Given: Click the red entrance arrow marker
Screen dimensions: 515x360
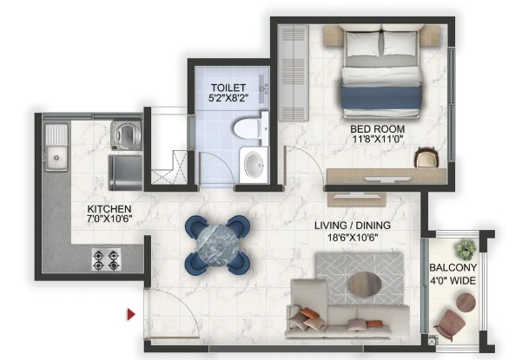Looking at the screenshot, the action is [x=131, y=314].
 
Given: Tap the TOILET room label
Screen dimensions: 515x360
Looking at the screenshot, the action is [x=228, y=88].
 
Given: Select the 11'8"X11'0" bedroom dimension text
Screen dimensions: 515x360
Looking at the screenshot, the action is [x=378, y=139].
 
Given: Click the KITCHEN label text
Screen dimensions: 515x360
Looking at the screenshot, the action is [x=109, y=209].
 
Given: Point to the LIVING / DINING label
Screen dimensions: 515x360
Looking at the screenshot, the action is [x=353, y=226].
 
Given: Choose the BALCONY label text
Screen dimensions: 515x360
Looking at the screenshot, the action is [x=453, y=267].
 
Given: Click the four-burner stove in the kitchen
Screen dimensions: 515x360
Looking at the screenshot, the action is [x=106, y=259].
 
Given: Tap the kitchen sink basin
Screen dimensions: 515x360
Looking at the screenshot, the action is [x=56, y=159].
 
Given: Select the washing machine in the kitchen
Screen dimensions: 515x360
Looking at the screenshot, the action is [x=126, y=134].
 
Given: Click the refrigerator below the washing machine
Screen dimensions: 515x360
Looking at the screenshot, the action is [x=125, y=173].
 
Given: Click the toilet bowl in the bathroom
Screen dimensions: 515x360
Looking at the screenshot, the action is [x=249, y=128].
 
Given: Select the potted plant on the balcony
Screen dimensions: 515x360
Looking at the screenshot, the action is [x=465, y=249].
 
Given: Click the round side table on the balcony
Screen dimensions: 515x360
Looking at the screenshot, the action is [x=465, y=302].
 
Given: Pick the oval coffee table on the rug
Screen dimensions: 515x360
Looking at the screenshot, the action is [x=366, y=285].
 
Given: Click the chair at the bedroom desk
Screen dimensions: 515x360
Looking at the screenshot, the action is [x=426, y=158].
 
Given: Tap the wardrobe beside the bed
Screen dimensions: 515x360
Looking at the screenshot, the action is [x=294, y=73].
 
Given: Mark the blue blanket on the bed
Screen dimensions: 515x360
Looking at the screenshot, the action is [x=381, y=97].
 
